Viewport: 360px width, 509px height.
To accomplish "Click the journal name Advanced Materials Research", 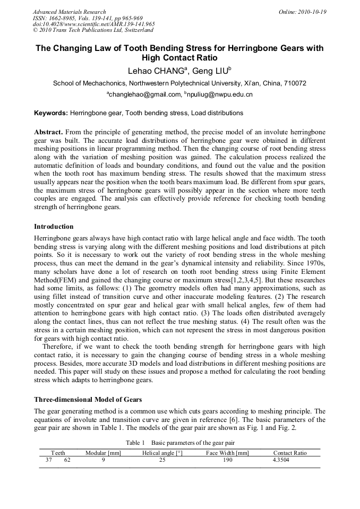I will click(x=69, y=12).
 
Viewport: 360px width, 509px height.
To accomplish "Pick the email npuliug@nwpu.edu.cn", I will click(x=220, y=95).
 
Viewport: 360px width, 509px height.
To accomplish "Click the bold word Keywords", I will click(x=51, y=113).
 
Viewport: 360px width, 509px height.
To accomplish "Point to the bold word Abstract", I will click(x=49, y=131).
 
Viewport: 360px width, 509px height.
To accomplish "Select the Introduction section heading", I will click(x=54, y=227).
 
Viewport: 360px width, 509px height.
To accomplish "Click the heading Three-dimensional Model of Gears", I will click(x=88, y=399).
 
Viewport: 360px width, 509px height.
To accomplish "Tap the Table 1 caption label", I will click(x=135, y=443).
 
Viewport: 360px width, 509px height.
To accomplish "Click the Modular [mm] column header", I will click(x=103, y=453).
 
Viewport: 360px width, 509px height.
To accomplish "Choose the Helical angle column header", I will click(x=162, y=453).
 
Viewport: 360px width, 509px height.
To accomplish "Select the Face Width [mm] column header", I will click(x=227, y=453).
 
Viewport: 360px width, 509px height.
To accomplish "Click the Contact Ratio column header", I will click(x=290, y=453).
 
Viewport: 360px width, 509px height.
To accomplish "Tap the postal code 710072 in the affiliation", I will click(x=292, y=83).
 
